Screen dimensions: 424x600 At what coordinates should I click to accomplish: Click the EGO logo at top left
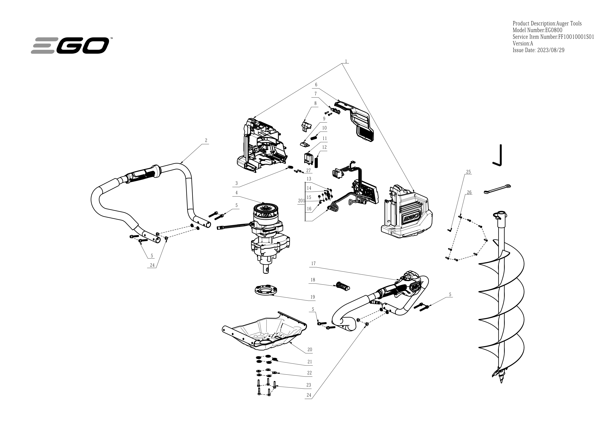(70, 45)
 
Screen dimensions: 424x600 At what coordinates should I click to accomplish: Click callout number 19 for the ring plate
(313, 297)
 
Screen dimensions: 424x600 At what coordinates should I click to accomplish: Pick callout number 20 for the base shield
(310, 349)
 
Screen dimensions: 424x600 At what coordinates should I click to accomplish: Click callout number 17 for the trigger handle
(313, 263)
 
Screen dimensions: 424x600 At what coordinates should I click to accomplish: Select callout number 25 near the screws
(468, 172)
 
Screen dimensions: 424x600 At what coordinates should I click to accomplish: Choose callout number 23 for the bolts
(309, 385)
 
